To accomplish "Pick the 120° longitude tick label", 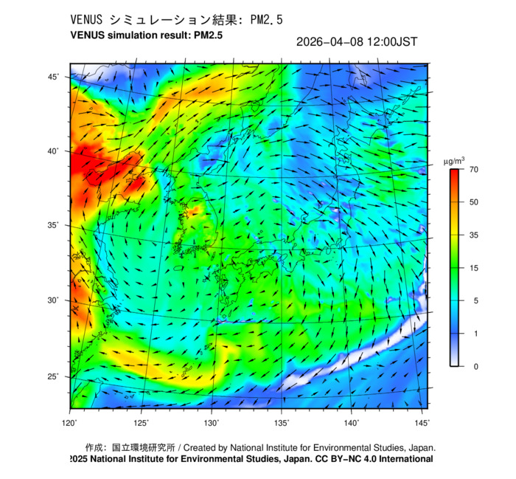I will click(x=70, y=422).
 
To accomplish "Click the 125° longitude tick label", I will click(x=142, y=422).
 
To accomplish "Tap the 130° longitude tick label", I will click(x=212, y=422).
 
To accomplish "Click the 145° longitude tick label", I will click(x=422, y=422).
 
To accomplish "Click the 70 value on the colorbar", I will click(x=474, y=170).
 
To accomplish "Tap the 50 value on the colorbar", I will click(x=474, y=202).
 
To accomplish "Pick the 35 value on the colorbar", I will click(x=474, y=235).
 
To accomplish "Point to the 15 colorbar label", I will click(x=474, y=268).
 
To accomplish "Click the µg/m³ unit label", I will click(x=453, y=160).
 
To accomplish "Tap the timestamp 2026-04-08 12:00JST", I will click(x=356, y=41).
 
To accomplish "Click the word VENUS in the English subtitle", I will click(x=88, y=35).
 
